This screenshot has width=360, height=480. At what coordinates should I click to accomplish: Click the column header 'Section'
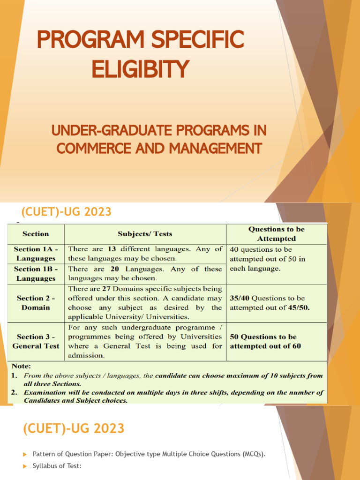[36, 233]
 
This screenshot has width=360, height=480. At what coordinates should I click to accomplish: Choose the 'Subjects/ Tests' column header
[145, 233]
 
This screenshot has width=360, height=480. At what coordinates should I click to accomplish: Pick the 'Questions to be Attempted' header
[276, 233]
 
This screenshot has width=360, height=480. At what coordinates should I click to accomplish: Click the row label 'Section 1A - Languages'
[36, 254]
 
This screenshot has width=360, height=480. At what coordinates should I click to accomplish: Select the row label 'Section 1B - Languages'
[36, 274]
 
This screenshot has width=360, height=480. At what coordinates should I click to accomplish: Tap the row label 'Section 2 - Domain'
[36, 303]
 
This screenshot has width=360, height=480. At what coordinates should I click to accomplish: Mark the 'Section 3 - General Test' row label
[36, 341]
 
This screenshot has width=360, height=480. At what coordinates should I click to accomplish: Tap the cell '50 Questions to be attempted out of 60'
[265, 341]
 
